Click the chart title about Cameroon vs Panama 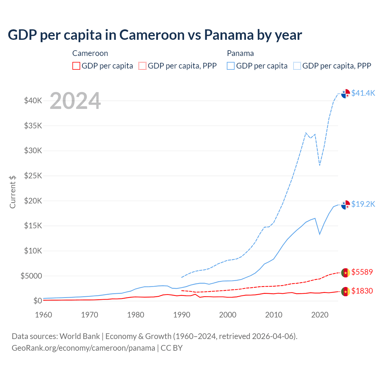(x=155, y=35)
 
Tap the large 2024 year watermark (x=75, y=101)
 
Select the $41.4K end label (x=363, y=93)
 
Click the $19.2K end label (x=363, y=204)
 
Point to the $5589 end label (x=362, y=272)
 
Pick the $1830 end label (x=362, y=291)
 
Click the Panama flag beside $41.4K (x=346, y=94)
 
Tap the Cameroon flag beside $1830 (x=346, y=291)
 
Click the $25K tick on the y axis (x=33, y=176)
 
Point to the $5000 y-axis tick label (x=31, y=276)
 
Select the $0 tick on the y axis (x=37, y=301)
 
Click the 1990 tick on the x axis (x=182, y=315)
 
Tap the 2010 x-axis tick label (x=274, y=315)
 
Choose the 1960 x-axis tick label (x=44, y=315)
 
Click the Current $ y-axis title (x=13, y=192)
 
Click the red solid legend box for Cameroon (x=76, y=66)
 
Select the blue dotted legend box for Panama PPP (x=297, y=66)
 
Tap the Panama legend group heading (x=240, y=53)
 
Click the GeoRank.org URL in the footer (x=83, y=348)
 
